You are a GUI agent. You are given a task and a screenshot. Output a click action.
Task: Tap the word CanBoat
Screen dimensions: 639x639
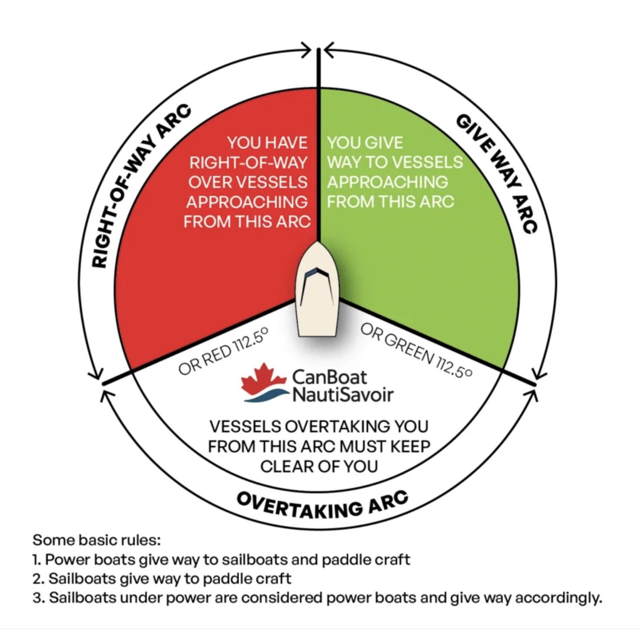tap(330, 377)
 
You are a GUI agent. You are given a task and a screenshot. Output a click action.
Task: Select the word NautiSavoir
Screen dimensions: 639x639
tap(342, 395)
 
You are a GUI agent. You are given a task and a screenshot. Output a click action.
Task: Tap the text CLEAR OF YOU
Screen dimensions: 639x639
tap(319, 466)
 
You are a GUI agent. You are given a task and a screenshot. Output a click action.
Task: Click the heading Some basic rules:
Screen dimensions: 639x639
tap(97, 540)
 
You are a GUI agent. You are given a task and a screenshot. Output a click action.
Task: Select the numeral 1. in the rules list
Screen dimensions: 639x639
tap(37, 559)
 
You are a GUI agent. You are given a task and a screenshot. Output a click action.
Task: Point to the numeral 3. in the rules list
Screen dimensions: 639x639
tap(38, 597)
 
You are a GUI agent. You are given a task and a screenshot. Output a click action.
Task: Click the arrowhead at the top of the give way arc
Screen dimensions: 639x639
tap(329, 49)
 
